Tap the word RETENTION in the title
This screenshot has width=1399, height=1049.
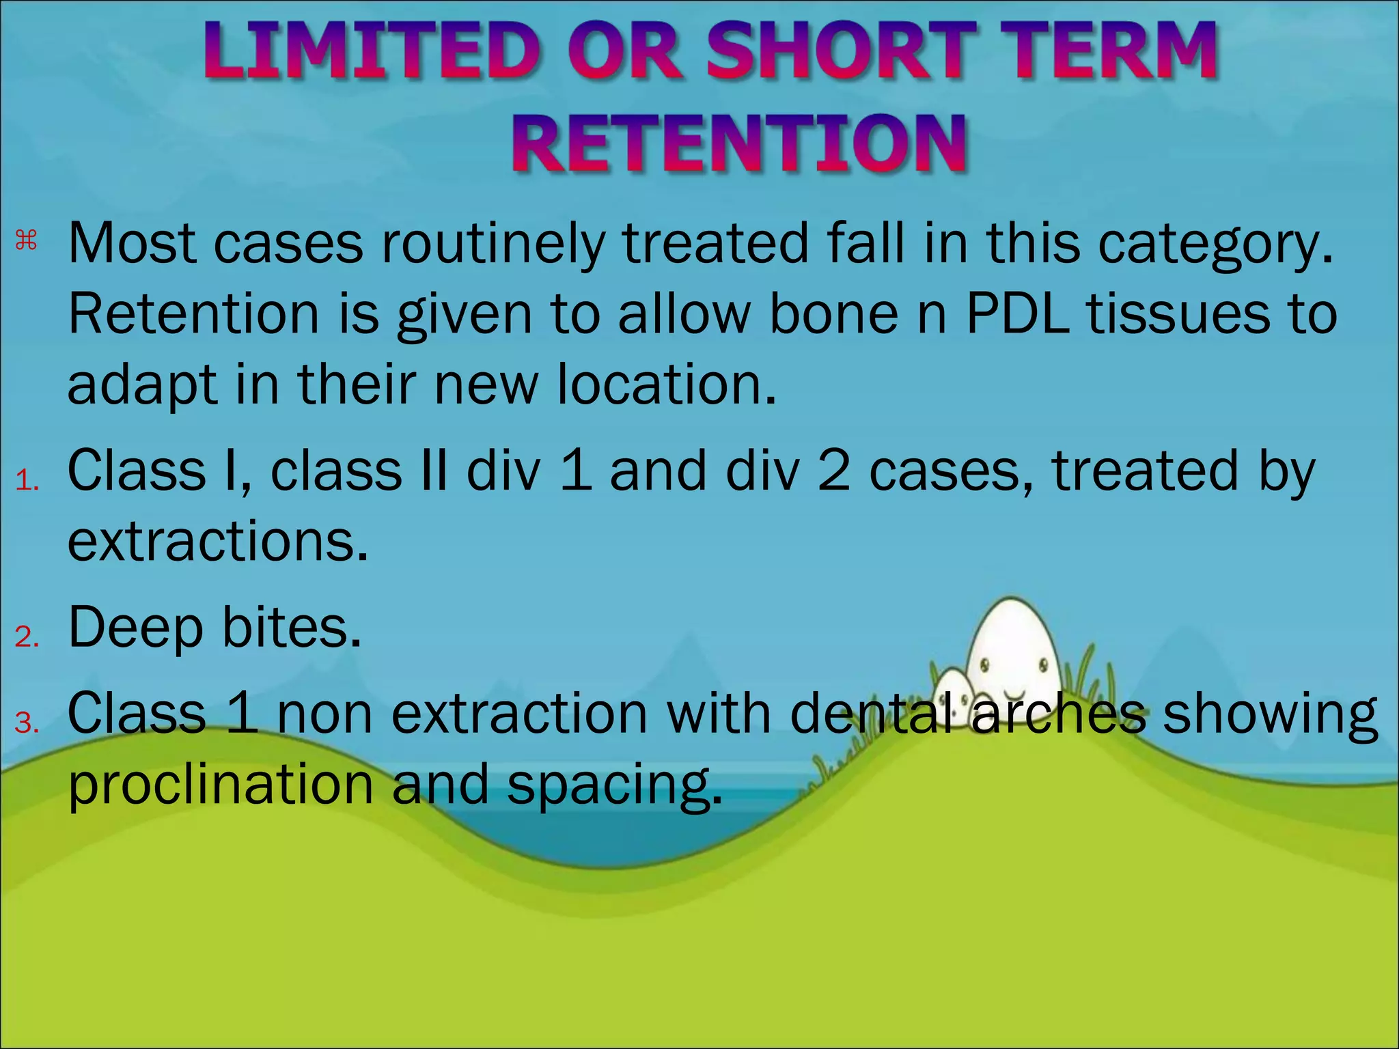(x=740, y=143)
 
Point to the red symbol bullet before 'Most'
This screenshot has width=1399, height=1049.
(x=26, y=240)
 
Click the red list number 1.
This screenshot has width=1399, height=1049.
(x=27, y=481)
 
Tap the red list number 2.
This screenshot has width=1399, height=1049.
(x=27, y=637)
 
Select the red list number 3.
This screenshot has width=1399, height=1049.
(x=27, y=723)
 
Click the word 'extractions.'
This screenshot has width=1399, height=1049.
(x=218, y=541)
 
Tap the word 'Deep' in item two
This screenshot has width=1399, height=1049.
(x=136, y=629)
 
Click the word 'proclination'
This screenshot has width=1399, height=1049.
(x=221, y=785)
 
